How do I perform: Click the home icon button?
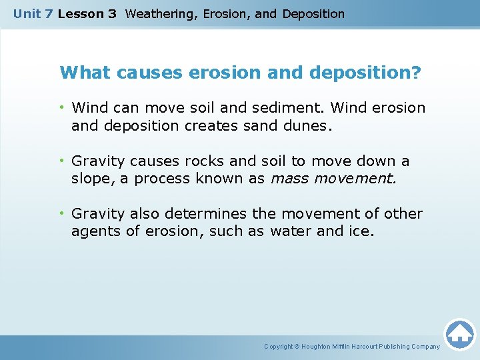459,333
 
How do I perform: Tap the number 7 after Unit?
49,13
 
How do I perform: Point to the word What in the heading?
85,72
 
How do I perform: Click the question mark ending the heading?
417,72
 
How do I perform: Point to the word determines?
199,214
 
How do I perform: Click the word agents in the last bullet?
94,231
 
